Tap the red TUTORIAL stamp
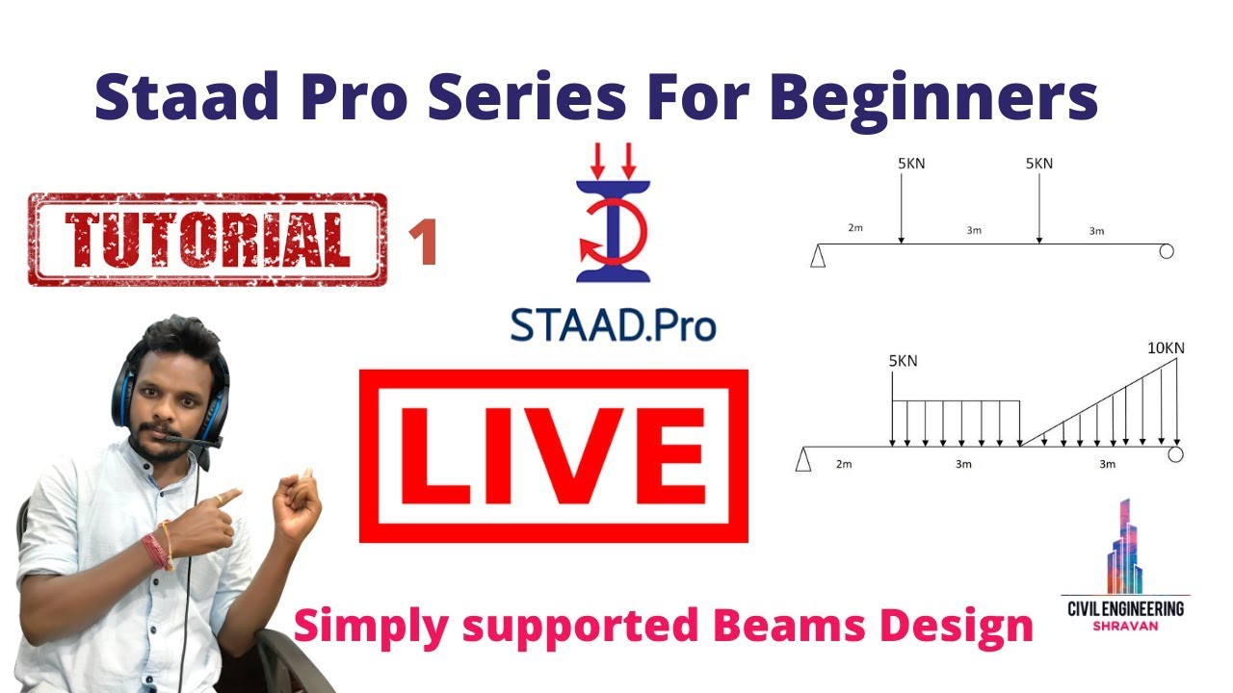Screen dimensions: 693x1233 pos(207,240)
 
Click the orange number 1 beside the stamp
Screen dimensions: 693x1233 pos(423,244)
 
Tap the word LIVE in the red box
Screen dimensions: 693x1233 pos(552,455)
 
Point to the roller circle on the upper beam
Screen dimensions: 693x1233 pos(1167,251)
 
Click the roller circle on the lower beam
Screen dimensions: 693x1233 pos(1174,453)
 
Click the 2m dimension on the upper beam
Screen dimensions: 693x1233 pos(855,229)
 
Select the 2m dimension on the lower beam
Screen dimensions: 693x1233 pos(843,464)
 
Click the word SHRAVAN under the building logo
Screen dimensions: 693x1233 pos(1126,627)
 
